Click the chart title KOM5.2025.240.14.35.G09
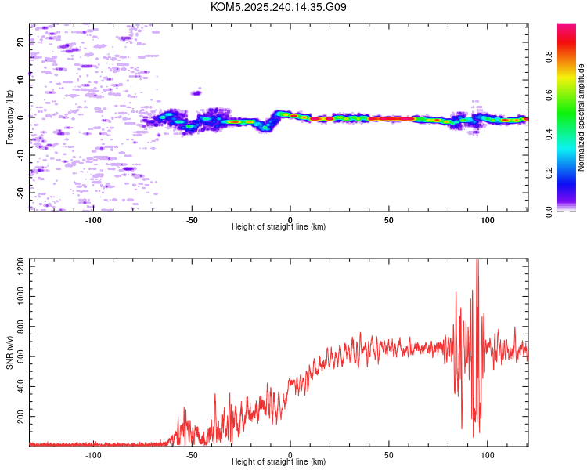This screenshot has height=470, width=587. click(x=279, y=7)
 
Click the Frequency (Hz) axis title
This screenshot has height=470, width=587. click(x=9, y=117)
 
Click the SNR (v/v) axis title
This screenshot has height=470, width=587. click(x=9, y=352)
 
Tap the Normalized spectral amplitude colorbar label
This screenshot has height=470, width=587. click(x=582, y=117)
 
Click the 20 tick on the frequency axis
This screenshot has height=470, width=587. click(x=21, y=42)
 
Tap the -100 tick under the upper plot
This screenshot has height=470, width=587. click(x=93, y=219)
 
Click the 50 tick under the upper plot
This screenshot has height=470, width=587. click(x=389, y=219)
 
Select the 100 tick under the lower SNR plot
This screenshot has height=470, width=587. click(x=488, y=454)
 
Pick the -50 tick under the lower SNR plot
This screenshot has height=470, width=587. click(x=192, y=454)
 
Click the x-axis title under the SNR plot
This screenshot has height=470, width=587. click(x=279, y=462)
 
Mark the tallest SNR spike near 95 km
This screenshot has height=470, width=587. click(x=477, y=263)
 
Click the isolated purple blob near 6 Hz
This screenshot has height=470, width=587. click(x=196, y=93)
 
